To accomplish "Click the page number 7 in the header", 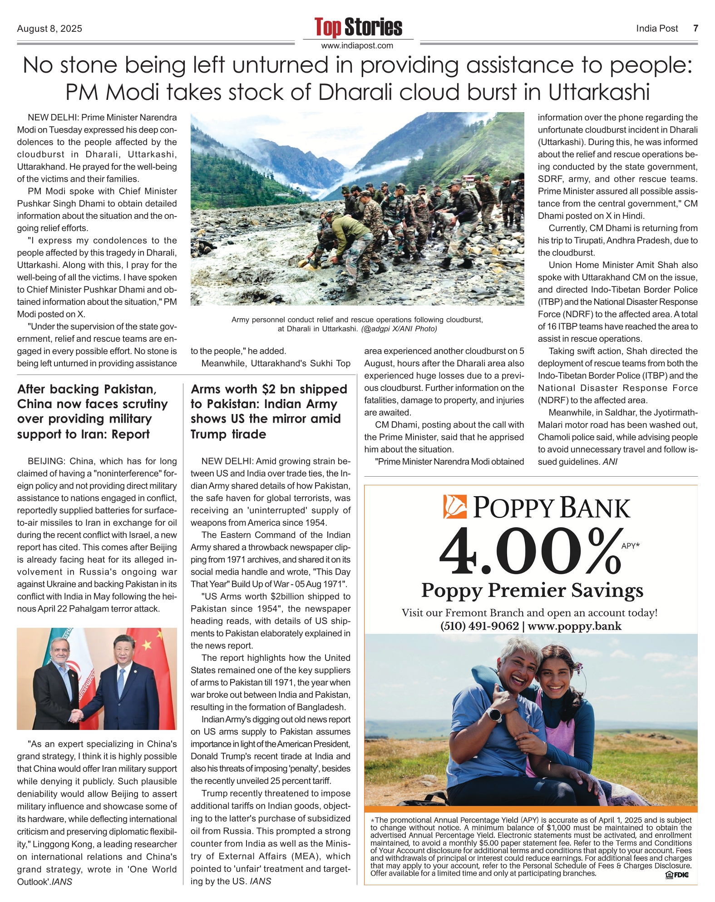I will point(695,29).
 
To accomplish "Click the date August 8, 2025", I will point(49,29).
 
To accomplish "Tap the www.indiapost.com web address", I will point(357,46).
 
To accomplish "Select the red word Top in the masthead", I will point(327,27).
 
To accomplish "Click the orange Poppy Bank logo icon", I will point(455,507).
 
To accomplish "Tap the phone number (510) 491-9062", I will point(479,626).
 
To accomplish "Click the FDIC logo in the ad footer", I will point(677,875).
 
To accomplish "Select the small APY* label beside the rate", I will point(630,546).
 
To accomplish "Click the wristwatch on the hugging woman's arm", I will point(494,715).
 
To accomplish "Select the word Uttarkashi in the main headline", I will point(599,93).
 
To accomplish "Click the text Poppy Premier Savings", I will point(532,591).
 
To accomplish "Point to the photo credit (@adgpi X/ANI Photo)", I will point(399,329).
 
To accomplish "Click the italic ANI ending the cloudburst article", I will point(610,462).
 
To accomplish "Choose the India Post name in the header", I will point(657,29).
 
